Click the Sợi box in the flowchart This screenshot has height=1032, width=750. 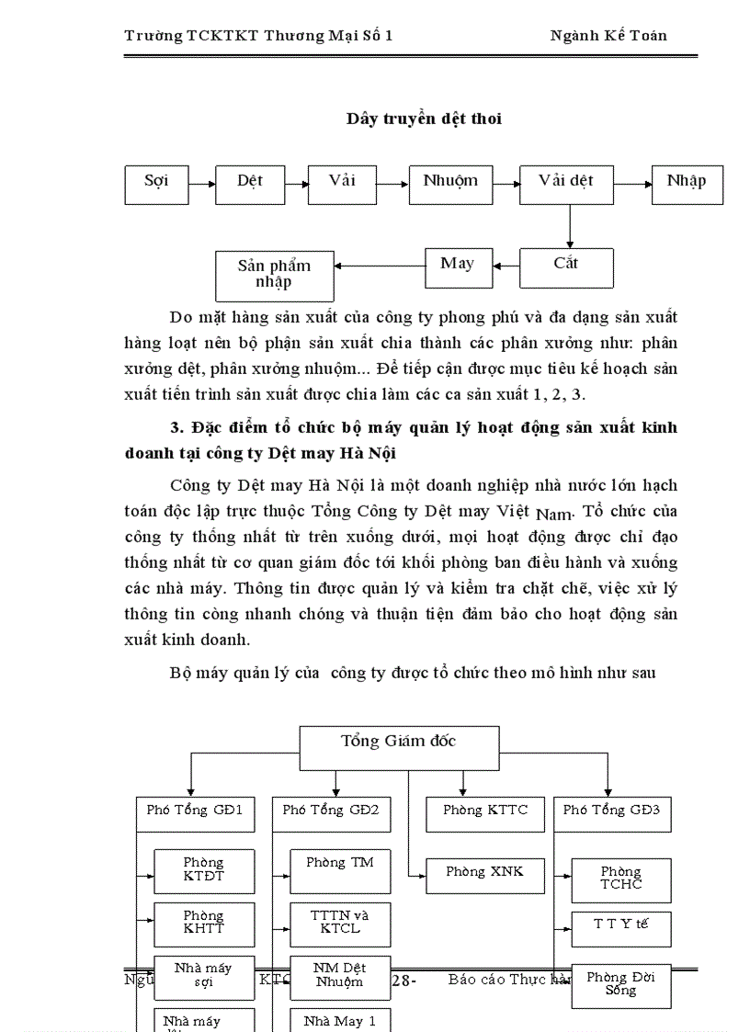[156, 185]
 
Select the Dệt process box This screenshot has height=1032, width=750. [250, 185]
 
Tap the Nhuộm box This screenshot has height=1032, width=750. [450, 185]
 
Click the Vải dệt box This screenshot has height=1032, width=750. [566, 185]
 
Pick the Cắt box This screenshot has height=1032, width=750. [566, 267]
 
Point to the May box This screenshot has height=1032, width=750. [458, 267]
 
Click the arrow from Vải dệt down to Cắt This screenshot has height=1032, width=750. [570, 226]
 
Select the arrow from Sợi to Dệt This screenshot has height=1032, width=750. [202, 185]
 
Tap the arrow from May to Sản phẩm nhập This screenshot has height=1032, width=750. [380, 267]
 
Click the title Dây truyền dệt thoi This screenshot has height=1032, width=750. [424, 119]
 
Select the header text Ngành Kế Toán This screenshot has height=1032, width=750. [608, 36]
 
